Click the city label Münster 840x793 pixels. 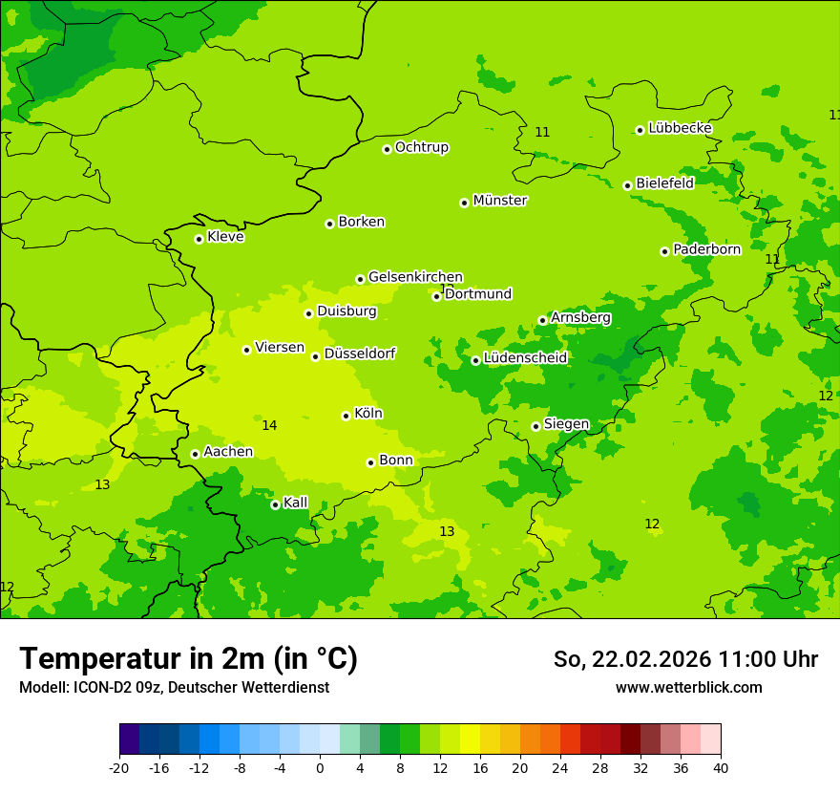(499, 201)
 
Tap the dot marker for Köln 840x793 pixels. (346, 416)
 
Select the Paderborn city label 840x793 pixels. (706, 249)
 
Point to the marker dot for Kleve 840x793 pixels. (199, 239)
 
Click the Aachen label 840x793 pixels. (228, 452)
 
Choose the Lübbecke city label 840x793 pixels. (680, 128)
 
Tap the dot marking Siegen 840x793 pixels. (535, 426)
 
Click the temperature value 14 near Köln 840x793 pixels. (269, 425)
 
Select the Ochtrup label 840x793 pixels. (421, 147)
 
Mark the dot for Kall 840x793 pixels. (275, 504)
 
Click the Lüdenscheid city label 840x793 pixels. (525, 358)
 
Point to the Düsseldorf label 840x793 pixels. (359, 354)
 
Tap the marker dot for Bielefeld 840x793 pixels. (627, 185)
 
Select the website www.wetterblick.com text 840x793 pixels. (688, 688)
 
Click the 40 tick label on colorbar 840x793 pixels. (721, 768)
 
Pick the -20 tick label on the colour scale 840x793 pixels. (119, 768)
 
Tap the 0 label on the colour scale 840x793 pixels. (320, 768)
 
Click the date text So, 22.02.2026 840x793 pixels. (632, 659)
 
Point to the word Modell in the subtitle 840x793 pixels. (43, 688)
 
